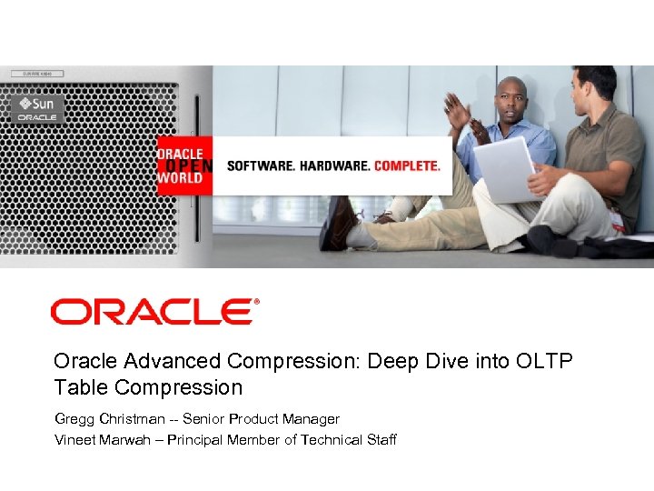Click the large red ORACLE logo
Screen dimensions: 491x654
(x=154, y=312)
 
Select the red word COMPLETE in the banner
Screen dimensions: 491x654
(x=407, y=166)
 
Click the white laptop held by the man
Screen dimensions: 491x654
(x=506, y=171)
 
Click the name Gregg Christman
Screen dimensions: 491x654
(x=109, y=419)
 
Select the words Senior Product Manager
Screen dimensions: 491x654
(x=262, y=419)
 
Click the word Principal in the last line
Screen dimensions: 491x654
(x=197, y=440)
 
